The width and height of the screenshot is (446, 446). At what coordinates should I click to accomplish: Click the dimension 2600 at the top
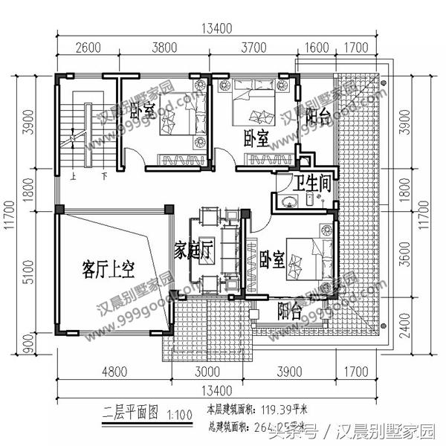(x=88, y=49)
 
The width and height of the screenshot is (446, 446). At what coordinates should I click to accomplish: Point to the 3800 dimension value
(x=164, y=49)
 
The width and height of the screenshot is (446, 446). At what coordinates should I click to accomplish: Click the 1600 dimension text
(x=317, y=49)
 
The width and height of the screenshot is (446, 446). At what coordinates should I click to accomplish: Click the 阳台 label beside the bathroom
(x=318, y=117)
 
